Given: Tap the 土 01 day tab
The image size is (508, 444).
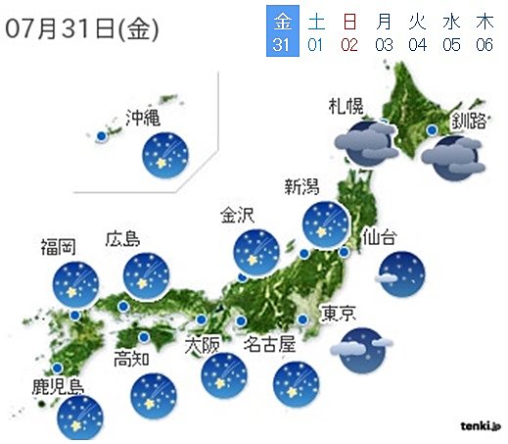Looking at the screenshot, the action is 316,31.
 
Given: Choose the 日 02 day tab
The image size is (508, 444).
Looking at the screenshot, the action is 350,31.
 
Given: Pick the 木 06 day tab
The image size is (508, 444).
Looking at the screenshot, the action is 484,31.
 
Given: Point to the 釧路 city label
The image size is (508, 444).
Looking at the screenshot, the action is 469,123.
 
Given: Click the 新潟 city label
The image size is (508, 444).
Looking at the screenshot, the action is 302,189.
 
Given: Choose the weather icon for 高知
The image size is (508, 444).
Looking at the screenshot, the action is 155,394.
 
